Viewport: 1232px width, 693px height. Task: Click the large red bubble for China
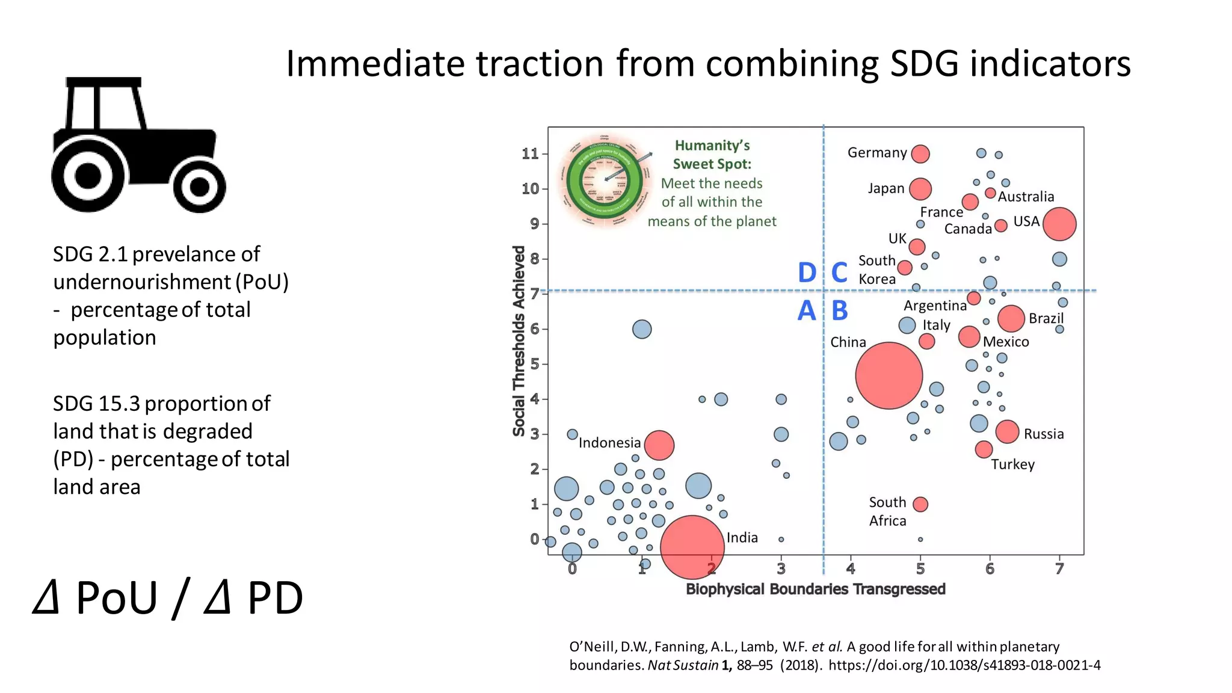coord(889,375)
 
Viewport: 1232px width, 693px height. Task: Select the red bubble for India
coord(692,547)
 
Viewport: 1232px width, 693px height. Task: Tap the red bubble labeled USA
coord(1059,224)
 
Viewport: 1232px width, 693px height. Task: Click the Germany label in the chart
coord(876,153)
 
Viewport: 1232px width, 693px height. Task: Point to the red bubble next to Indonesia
coord(659,445)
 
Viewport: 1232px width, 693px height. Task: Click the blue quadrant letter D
coord(807,273)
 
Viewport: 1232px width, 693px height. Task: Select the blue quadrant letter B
coord(839,311)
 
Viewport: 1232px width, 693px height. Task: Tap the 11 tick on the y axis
coord(530,154)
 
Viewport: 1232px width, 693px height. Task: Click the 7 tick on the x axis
coord(1059,568)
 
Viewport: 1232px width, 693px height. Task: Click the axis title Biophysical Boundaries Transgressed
coord(815,589)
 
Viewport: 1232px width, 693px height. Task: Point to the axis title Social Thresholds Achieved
coord(519,340)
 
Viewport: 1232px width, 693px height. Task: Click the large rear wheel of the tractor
coord(89,176)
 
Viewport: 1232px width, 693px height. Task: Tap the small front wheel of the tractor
coord(199,187)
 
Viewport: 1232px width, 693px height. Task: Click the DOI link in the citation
coord(964,665)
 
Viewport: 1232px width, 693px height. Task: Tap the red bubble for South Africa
coord(920,504)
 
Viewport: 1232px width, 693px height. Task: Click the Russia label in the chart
coord(1043,434)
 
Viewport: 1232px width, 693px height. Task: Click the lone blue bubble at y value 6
coord(642,329)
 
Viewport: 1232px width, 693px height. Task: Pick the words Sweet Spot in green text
coord(712,164)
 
